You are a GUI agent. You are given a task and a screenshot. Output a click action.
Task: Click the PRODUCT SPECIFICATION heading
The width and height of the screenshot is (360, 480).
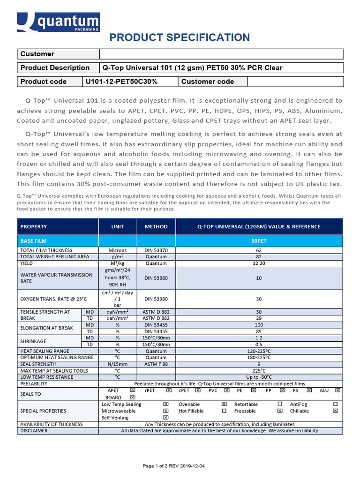tap(180, 37)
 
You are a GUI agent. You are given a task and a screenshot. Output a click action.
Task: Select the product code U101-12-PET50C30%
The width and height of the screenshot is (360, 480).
tap(121, 82)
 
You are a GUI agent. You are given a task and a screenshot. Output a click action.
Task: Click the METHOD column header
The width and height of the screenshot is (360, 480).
tap(156, 226)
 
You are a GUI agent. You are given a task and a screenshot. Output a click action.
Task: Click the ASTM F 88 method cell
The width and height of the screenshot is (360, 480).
tap(156, 364)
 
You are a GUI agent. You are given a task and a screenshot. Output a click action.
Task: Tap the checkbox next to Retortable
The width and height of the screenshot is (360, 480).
tap(280, 404)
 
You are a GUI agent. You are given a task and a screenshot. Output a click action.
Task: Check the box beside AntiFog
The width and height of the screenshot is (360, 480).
tap(335, 404)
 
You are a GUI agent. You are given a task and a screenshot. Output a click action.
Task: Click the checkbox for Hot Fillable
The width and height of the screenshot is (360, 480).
tap(224, 411)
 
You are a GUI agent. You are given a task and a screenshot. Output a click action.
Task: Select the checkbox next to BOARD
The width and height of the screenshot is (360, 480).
tap(133, 397)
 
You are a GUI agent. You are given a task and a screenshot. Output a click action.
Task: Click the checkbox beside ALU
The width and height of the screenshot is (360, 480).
tap(337, 390)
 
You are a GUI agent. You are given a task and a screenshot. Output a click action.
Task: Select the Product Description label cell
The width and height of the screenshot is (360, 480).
tap(55, 67)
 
